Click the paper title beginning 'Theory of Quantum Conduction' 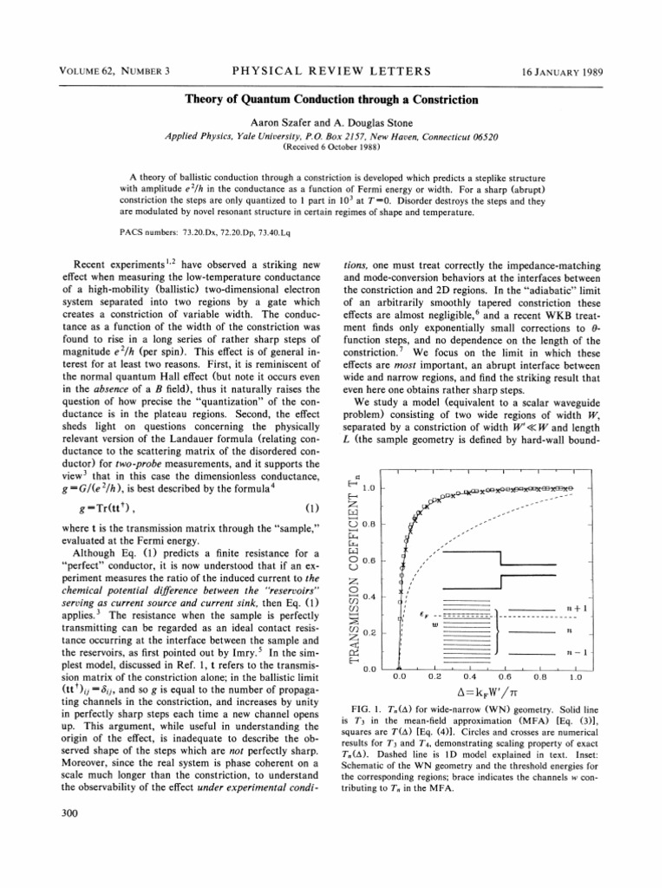332,100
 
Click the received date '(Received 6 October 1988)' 332,147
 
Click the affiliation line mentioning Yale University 332,137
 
